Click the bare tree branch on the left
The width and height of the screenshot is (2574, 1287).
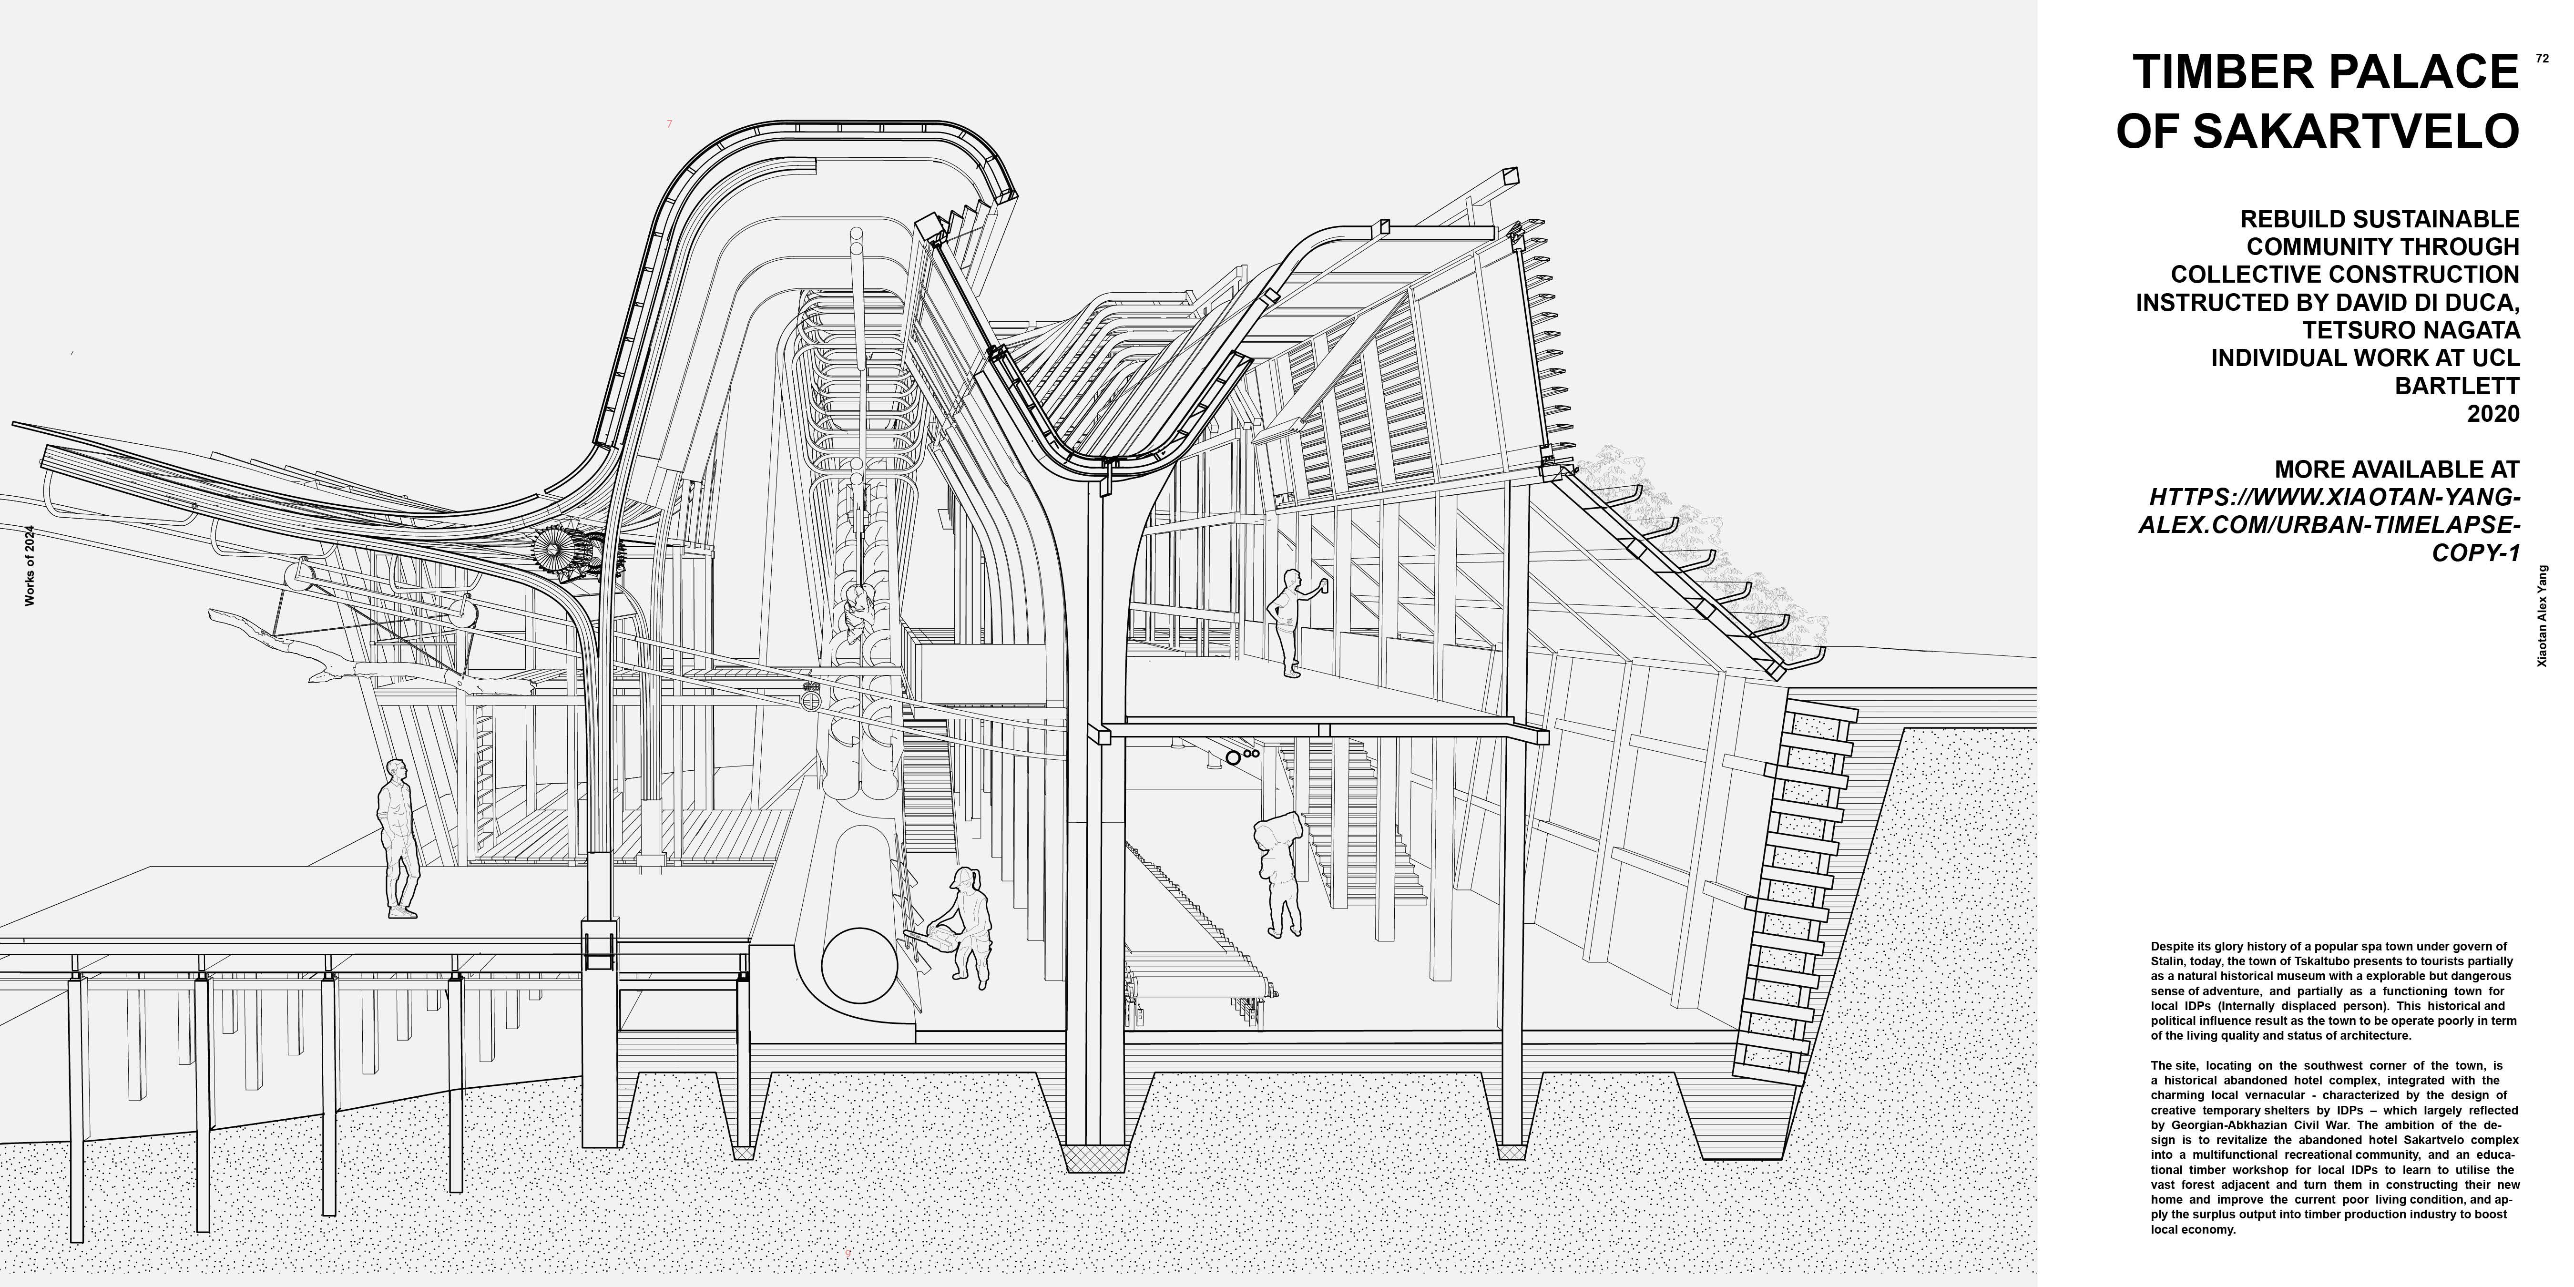pyautogui.click(x=300, y=650)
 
